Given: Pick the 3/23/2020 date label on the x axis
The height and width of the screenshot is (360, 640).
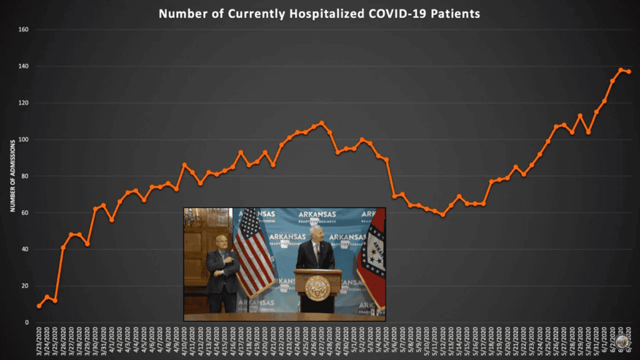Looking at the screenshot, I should pos(40,341).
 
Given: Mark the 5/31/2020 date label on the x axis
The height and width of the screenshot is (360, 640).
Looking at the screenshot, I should pos(597,341).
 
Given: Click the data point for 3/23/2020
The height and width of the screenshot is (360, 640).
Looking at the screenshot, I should pos(39,306).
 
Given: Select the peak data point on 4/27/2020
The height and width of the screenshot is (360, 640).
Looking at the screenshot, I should pos(322,123).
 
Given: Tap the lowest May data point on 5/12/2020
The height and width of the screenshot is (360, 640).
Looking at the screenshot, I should pos(443,214).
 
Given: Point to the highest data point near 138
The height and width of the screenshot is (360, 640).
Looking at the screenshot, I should pos(621,70).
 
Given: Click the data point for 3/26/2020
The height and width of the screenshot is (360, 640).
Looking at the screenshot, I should pos(63,247).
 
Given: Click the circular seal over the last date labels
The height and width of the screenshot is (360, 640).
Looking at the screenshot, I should pos(622,341).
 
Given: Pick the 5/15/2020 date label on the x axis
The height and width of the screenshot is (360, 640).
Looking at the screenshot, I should pos(467,341).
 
